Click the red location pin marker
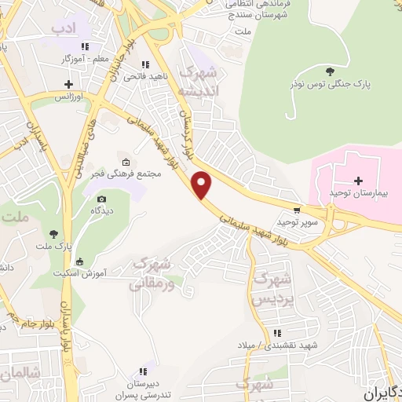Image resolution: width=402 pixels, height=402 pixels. click(203, 185)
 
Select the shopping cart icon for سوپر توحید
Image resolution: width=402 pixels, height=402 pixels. click(296, 210)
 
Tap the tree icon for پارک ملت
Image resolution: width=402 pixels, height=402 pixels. click(53, 233)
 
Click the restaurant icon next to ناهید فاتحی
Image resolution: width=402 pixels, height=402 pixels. click(144, 65)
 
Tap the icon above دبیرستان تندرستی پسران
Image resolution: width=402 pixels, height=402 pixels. click(143, 371)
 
